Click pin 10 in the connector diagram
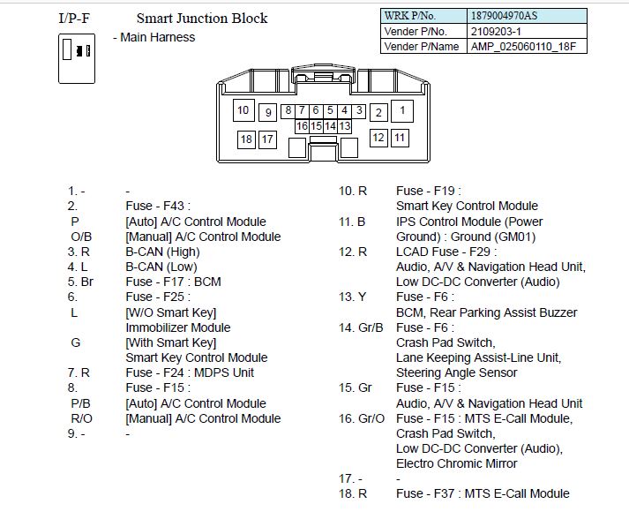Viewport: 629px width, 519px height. point(244,110)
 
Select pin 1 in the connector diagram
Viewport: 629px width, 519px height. point(402,110)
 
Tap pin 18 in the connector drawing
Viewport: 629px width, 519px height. point(246,139)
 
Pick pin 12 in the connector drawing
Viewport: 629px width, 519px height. point(378,138)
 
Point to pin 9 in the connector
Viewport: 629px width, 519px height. point(268,112)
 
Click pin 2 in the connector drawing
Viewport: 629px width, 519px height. point(378,112)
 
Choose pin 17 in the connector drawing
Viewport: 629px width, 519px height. point(267,139)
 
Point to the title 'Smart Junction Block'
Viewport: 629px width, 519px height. point(202,19)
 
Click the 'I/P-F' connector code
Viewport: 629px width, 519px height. point(75,19)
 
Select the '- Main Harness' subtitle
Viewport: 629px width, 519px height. point(154,37)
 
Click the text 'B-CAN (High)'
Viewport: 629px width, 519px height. point(163,252)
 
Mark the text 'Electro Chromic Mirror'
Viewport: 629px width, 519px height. point(457,463)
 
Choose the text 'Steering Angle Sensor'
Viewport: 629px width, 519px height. point(455,372)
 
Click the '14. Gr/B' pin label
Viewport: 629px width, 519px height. point(362,327)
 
